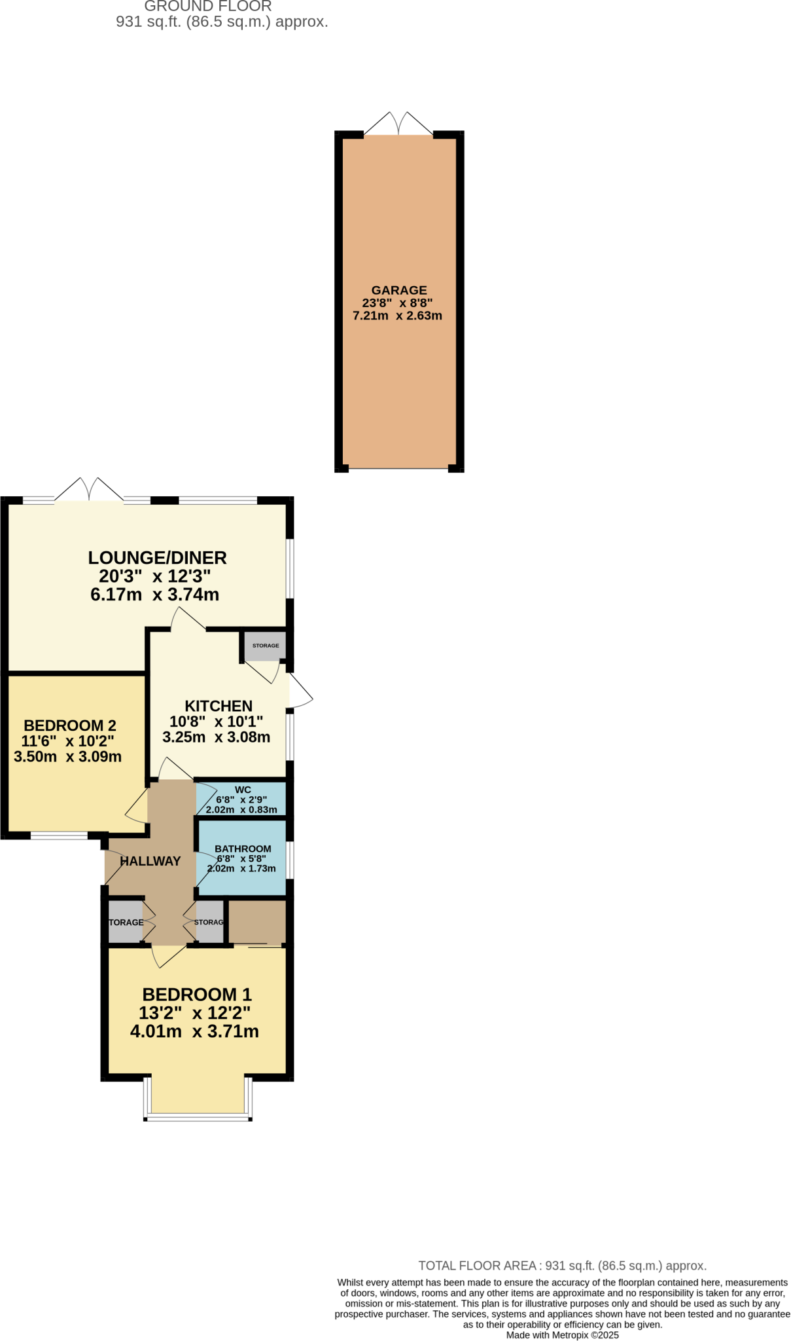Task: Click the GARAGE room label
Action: [398, 290]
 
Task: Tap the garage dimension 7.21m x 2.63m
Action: [397, 316]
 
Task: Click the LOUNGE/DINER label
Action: [157, 558]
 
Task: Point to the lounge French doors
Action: [88, 490]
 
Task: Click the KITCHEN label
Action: [219, 706]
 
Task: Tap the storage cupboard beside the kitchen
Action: [265, 646]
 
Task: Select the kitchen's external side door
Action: [300, 691]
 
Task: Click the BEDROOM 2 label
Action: [70, 726]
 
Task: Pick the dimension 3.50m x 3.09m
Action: [67, 757]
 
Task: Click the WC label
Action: [243, 790]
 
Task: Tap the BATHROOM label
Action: [243, 849]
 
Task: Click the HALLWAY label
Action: [150, 861]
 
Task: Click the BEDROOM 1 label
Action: [197, 994]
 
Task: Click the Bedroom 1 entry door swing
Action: [167, 956]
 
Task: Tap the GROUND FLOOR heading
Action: [207, 7]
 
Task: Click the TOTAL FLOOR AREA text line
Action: [562, 1266]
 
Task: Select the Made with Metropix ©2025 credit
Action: [562, 1335]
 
